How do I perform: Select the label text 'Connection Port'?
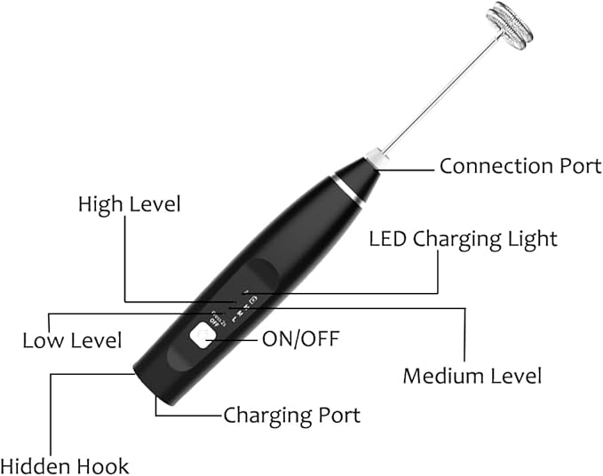coord(520,165)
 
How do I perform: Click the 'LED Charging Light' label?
coord(463,239)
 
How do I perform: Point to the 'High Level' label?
coord(129,204)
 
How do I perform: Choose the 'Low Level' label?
coord(72,340)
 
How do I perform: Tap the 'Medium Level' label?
coord(472,376)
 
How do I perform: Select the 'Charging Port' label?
coord(291,415)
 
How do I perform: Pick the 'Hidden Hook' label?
coord(65,465)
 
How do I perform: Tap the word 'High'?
coord(99,204)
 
